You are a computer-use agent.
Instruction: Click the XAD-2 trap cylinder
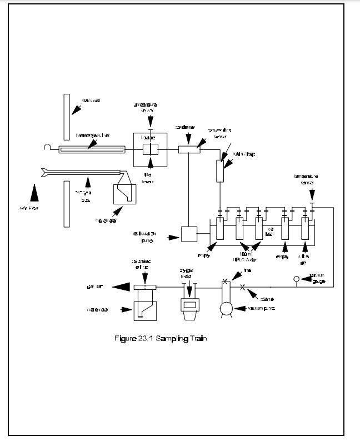(x=219, y=170)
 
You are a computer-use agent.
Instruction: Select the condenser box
(x=189, y=149)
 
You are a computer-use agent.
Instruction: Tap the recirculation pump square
(x=189, y=234)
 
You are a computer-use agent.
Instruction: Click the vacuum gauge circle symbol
(x=296, y=279)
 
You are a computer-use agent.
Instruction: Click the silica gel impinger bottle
(x=305, y=228)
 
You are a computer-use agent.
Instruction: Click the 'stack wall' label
(x=90, y=100)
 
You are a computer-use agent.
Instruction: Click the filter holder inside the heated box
(x=150, y=149)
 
